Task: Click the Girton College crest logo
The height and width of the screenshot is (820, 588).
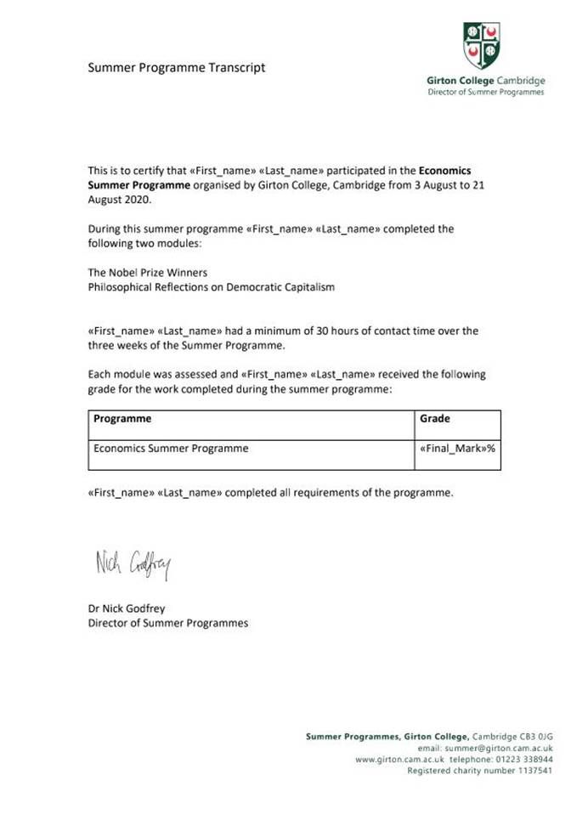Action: click(x=481, y=46)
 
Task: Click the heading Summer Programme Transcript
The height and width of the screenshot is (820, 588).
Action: click(x=177, y=67)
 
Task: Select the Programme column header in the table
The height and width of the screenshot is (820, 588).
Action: click(x=122, y=419)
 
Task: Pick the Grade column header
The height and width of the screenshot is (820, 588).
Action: click(x=435, y=419)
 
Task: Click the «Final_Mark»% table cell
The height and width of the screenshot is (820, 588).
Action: click(x=457, y=449)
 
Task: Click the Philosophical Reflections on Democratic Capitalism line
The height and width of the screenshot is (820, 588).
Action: click(x=212, y=287)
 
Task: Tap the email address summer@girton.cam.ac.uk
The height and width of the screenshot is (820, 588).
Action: click(x=498, y=748)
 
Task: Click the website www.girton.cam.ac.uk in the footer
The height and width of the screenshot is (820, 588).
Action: click(x=393, y=759)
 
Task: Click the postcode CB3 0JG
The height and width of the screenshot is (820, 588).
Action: click(x=535, y=736)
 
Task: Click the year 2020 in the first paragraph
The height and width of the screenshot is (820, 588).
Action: click(x=139, y=199)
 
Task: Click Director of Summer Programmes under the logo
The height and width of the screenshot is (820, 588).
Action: click(x=486, y=92)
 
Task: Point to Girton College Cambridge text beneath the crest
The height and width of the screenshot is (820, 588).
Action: click(x=486, y=81)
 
